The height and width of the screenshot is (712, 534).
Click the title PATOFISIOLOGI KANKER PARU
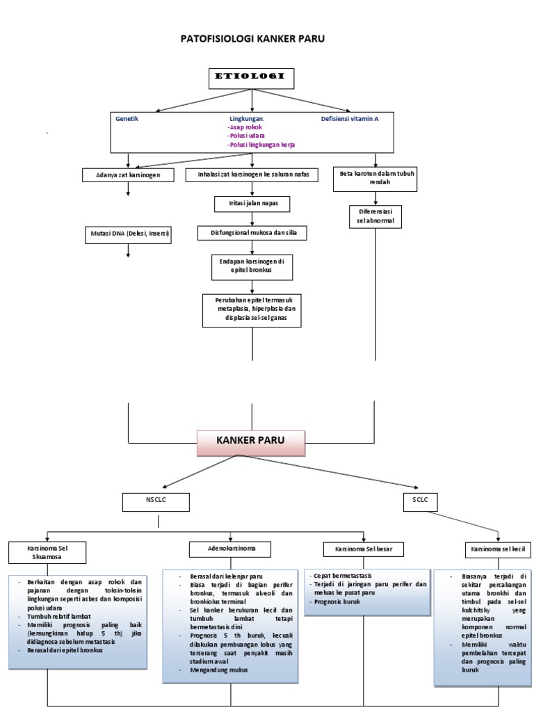click(x=252, y=39)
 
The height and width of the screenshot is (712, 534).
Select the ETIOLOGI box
click(x=252, y=79)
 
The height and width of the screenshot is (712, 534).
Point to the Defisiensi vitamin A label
click(x=350, y=119)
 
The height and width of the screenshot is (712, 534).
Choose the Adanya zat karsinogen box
click(x=128, y=175)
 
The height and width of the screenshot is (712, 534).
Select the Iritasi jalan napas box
click(x=251, y=204)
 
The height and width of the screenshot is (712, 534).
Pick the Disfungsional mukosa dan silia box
click(x=252, y=233)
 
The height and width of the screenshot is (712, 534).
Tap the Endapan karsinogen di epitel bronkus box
click(x=252, y=265)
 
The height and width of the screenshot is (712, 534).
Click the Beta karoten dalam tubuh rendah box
click(x=375, y=177)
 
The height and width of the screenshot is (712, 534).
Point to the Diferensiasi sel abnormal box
click(x=375, y=216)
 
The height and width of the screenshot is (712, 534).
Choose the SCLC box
click(x=420, y=501)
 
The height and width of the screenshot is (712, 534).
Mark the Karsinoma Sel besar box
click(x=364, y=550)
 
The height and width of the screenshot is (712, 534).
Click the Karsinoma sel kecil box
click(x=497, y=550)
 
